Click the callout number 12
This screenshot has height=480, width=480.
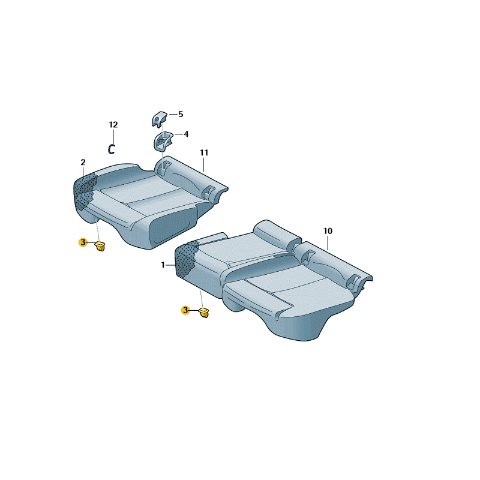pos(113,125)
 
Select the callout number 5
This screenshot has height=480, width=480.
pos(181,114)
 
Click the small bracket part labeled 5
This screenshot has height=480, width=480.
pos(159,119)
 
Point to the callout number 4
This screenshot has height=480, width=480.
pos(186,134)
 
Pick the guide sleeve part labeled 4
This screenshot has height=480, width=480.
pos(163,142)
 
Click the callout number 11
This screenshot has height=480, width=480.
pos(204,152)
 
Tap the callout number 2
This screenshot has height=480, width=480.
pos(83,162)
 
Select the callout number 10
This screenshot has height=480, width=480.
pos(328,231)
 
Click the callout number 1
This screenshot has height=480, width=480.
pos(163,265)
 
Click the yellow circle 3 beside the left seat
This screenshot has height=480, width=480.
pos(83,243)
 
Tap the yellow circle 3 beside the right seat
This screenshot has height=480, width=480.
pos(185,310)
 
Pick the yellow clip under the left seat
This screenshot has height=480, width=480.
pos(100,246)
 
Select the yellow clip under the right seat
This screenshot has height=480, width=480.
pos(204,313)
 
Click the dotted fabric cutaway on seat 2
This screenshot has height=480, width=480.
pos(85,192)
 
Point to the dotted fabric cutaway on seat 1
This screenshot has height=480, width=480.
pos(185,259)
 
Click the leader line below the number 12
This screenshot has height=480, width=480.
pos(113,137)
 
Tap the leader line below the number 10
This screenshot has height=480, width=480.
pos(328,243)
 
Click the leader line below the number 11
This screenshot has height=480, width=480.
pos(203,164)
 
